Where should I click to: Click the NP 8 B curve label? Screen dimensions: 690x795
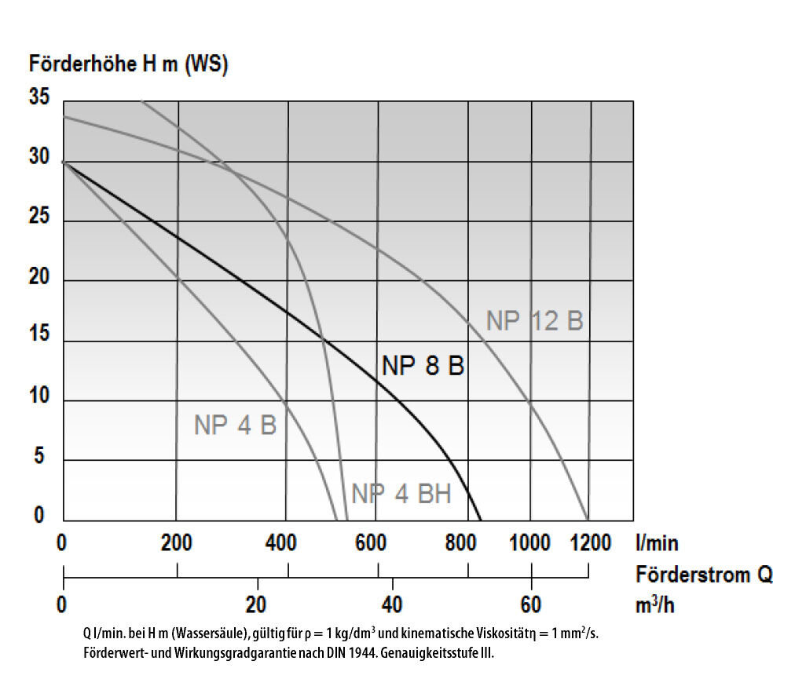423,366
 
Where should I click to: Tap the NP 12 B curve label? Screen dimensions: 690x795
534,321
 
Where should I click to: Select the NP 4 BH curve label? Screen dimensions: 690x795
401,494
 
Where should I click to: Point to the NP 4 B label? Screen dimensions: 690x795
235,425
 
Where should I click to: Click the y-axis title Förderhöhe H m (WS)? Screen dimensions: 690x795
128,64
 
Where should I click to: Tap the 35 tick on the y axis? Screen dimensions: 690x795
39,98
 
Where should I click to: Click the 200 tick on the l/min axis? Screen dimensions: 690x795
176,543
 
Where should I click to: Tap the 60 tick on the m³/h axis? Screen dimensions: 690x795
531,604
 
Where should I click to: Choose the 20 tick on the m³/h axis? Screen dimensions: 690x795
257,604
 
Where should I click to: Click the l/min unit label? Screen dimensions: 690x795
657,543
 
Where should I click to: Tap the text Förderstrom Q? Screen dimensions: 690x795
704,575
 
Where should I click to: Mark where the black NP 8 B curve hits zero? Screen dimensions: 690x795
481,520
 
